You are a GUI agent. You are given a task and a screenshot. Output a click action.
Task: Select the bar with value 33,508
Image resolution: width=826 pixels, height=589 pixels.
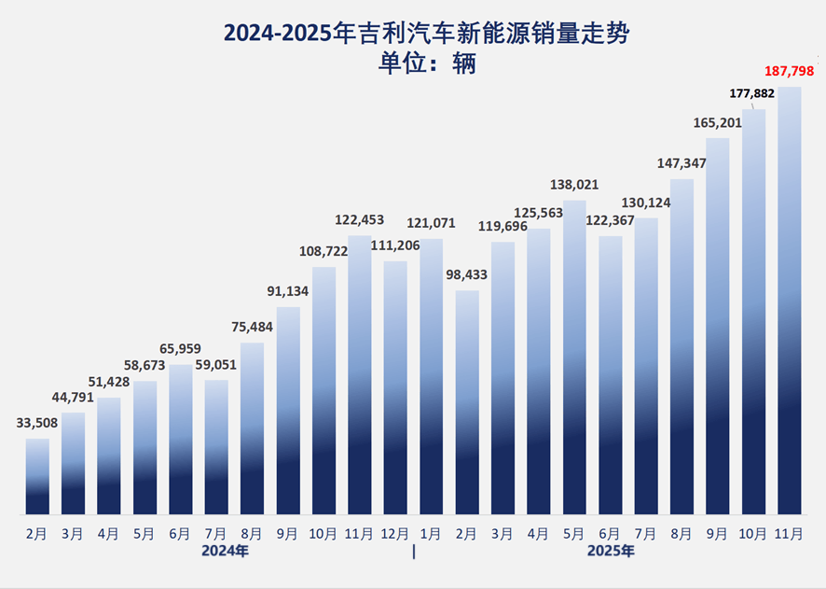pos(37,476)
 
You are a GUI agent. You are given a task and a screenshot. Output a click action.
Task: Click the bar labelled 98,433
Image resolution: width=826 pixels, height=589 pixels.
pos(467,401)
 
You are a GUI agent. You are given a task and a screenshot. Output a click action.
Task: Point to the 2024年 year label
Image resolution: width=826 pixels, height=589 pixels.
pos(226,552)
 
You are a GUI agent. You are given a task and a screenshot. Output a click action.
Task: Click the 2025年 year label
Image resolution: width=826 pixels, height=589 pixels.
pos(611,552)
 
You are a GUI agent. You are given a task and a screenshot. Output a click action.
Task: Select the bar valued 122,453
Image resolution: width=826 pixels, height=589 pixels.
pos(360,373)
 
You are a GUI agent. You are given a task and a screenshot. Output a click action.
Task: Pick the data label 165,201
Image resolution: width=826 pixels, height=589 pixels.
pos(718,122)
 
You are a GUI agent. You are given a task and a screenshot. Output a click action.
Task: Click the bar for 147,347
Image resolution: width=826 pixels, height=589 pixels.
pos(682,345)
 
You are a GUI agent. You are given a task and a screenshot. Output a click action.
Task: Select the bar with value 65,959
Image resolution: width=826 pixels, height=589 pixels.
pos(181,439)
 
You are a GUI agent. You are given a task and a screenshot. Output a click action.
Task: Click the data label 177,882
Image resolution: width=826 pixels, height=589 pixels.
pos(753,93)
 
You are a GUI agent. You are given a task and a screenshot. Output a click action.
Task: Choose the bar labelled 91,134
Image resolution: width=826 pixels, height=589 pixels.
pos(288,411)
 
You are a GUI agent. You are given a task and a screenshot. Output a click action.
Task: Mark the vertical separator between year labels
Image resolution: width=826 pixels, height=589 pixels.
pos(414,552)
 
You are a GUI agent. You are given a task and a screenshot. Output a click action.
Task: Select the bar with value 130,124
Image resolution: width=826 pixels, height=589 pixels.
pos(646,364)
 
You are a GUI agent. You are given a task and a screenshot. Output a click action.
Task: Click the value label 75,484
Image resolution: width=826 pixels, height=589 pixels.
pos(253,327)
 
